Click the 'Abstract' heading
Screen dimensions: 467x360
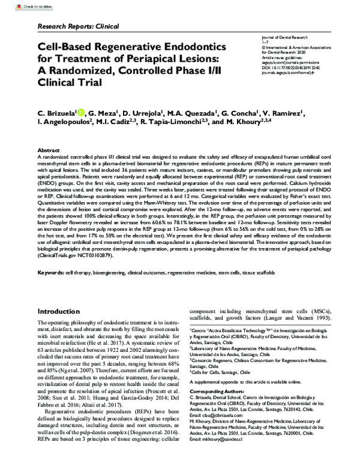click(49, 150)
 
